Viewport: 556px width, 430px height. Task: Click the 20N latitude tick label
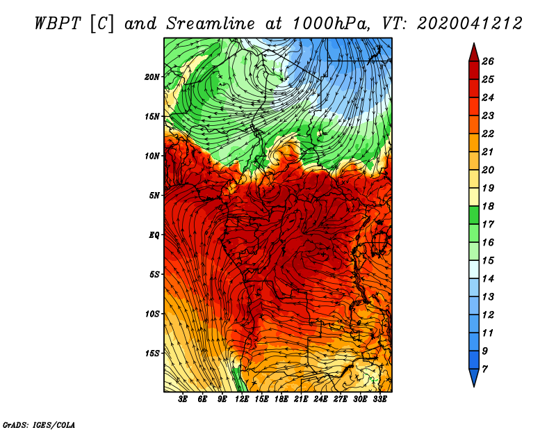[152, 77]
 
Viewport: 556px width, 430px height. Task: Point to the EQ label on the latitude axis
[154, 235]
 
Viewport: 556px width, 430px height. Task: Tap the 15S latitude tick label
[152, 353]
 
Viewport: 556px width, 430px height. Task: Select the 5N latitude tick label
[154, 196]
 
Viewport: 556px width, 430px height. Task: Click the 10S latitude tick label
[152, 314]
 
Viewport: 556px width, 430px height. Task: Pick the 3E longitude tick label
[183, 399]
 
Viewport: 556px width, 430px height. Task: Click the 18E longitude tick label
[281, 399]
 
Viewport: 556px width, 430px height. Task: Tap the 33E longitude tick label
[379, 399]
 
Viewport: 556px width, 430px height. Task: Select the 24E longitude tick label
[320, 399]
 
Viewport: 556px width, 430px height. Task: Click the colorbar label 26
[488, 61]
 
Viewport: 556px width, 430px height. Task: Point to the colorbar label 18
[488, 206]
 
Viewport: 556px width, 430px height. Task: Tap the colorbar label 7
[484, 369]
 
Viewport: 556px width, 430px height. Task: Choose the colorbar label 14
[488, 279]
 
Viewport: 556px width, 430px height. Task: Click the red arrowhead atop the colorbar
[474, 53]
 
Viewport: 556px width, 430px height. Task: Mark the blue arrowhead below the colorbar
[474, 378]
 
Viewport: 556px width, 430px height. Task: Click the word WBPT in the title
[58, 24]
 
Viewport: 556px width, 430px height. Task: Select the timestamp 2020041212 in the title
[470, 24]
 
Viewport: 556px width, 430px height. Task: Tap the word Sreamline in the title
[211, 24]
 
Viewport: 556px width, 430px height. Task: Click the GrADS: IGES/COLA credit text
[39, 424]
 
